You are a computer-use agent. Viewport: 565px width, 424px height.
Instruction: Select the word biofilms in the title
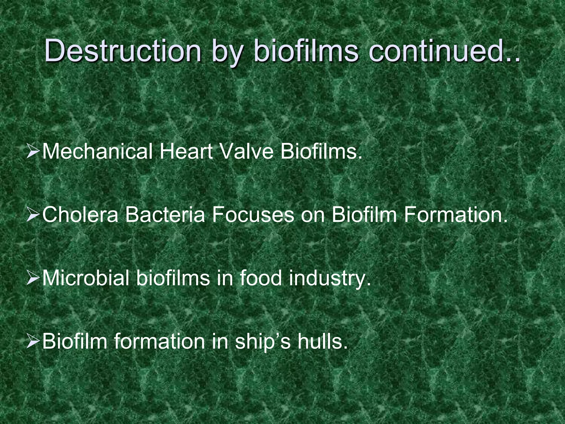(x=305, y=51)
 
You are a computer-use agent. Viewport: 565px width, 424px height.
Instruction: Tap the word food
(x=261, y=278)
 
